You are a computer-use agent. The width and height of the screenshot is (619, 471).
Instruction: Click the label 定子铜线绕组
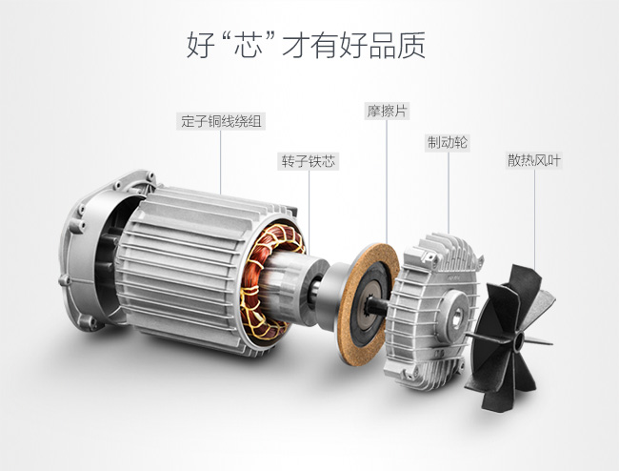(221, 121)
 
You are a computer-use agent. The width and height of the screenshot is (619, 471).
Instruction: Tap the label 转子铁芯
(309, 162)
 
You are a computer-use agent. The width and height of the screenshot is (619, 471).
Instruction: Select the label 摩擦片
(387, 111)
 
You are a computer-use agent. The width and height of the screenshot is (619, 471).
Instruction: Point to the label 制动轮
(448, 143)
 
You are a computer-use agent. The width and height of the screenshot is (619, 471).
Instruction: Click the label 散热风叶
(533, 161)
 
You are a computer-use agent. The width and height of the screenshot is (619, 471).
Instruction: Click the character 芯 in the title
(249, 46)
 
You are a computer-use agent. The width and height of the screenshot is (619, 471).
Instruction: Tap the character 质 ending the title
(411, 46)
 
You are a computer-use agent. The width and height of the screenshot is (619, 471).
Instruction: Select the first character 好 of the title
(201, 46)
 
